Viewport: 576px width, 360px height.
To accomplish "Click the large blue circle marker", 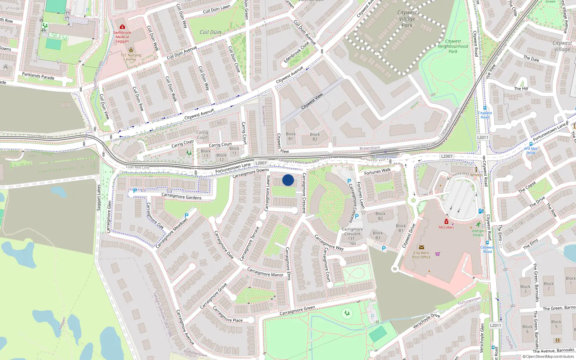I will (288, 180).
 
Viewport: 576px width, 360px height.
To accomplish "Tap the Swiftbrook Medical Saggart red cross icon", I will (122, 27).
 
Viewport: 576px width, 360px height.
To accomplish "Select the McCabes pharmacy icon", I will (446, 221).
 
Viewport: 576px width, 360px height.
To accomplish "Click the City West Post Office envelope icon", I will (422, 247).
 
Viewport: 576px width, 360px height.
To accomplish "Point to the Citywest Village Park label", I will (407, 19).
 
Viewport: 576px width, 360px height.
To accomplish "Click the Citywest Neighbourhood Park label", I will (453, 46).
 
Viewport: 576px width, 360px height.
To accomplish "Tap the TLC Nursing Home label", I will (131, 57).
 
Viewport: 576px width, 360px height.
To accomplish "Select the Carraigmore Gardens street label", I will (181, 196).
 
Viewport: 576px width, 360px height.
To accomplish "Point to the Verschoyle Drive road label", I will (426, 321).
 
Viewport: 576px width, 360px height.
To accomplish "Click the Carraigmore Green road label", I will (297, 310).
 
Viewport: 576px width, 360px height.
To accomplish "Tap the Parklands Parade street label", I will (38, 76).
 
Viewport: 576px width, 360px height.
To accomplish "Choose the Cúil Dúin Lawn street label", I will (216, 9).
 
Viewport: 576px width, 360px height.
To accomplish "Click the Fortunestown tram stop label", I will (385, 157).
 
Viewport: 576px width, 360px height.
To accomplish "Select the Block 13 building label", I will (206, 153).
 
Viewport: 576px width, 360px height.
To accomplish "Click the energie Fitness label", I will (478, 233).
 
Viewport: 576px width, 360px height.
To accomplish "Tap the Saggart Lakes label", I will (99, 198).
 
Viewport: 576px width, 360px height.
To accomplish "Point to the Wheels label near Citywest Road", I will (476, 175).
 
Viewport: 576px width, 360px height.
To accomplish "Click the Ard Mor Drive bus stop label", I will (531, 150).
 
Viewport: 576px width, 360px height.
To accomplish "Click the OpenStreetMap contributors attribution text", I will (550, 357).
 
